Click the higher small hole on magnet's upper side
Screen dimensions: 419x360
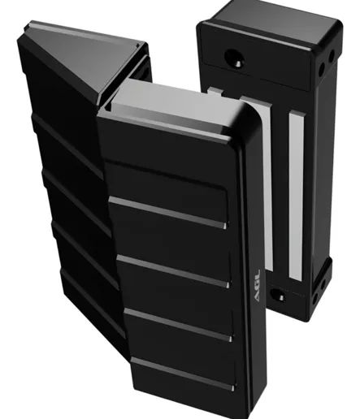(331, 58)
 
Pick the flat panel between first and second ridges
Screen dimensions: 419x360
(167, 188)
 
